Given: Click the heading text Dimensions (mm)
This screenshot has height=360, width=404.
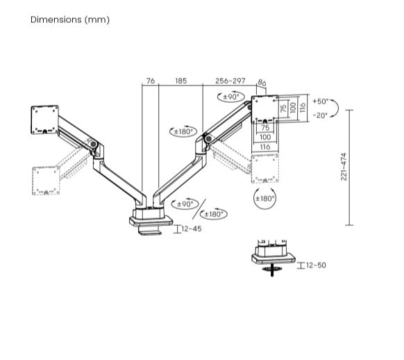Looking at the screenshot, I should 69,19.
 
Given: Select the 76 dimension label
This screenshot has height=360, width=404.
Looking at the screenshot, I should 150,81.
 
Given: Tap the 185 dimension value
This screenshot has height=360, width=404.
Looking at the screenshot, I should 180,81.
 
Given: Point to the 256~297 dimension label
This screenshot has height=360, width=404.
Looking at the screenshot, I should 230,81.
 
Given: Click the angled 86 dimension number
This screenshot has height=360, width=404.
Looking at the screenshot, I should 262,84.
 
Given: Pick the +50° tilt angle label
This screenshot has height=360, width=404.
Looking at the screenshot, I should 321,101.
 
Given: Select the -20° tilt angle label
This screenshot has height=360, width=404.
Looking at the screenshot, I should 320,115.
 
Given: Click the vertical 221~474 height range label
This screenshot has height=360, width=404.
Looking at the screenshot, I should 344,167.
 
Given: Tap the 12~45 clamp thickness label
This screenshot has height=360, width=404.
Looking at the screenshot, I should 192,229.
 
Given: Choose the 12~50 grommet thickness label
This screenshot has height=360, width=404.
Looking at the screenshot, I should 316,265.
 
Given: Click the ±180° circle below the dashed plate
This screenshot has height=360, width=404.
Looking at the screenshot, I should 264,198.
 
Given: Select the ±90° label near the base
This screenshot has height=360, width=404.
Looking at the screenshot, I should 185,204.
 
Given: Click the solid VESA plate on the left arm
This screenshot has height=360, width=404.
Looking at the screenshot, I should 44,119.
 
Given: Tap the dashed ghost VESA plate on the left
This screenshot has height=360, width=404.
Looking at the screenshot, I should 45,180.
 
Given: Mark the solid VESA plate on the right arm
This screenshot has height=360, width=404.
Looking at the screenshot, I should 264,108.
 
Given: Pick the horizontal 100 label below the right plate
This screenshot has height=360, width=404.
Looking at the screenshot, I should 266,137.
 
